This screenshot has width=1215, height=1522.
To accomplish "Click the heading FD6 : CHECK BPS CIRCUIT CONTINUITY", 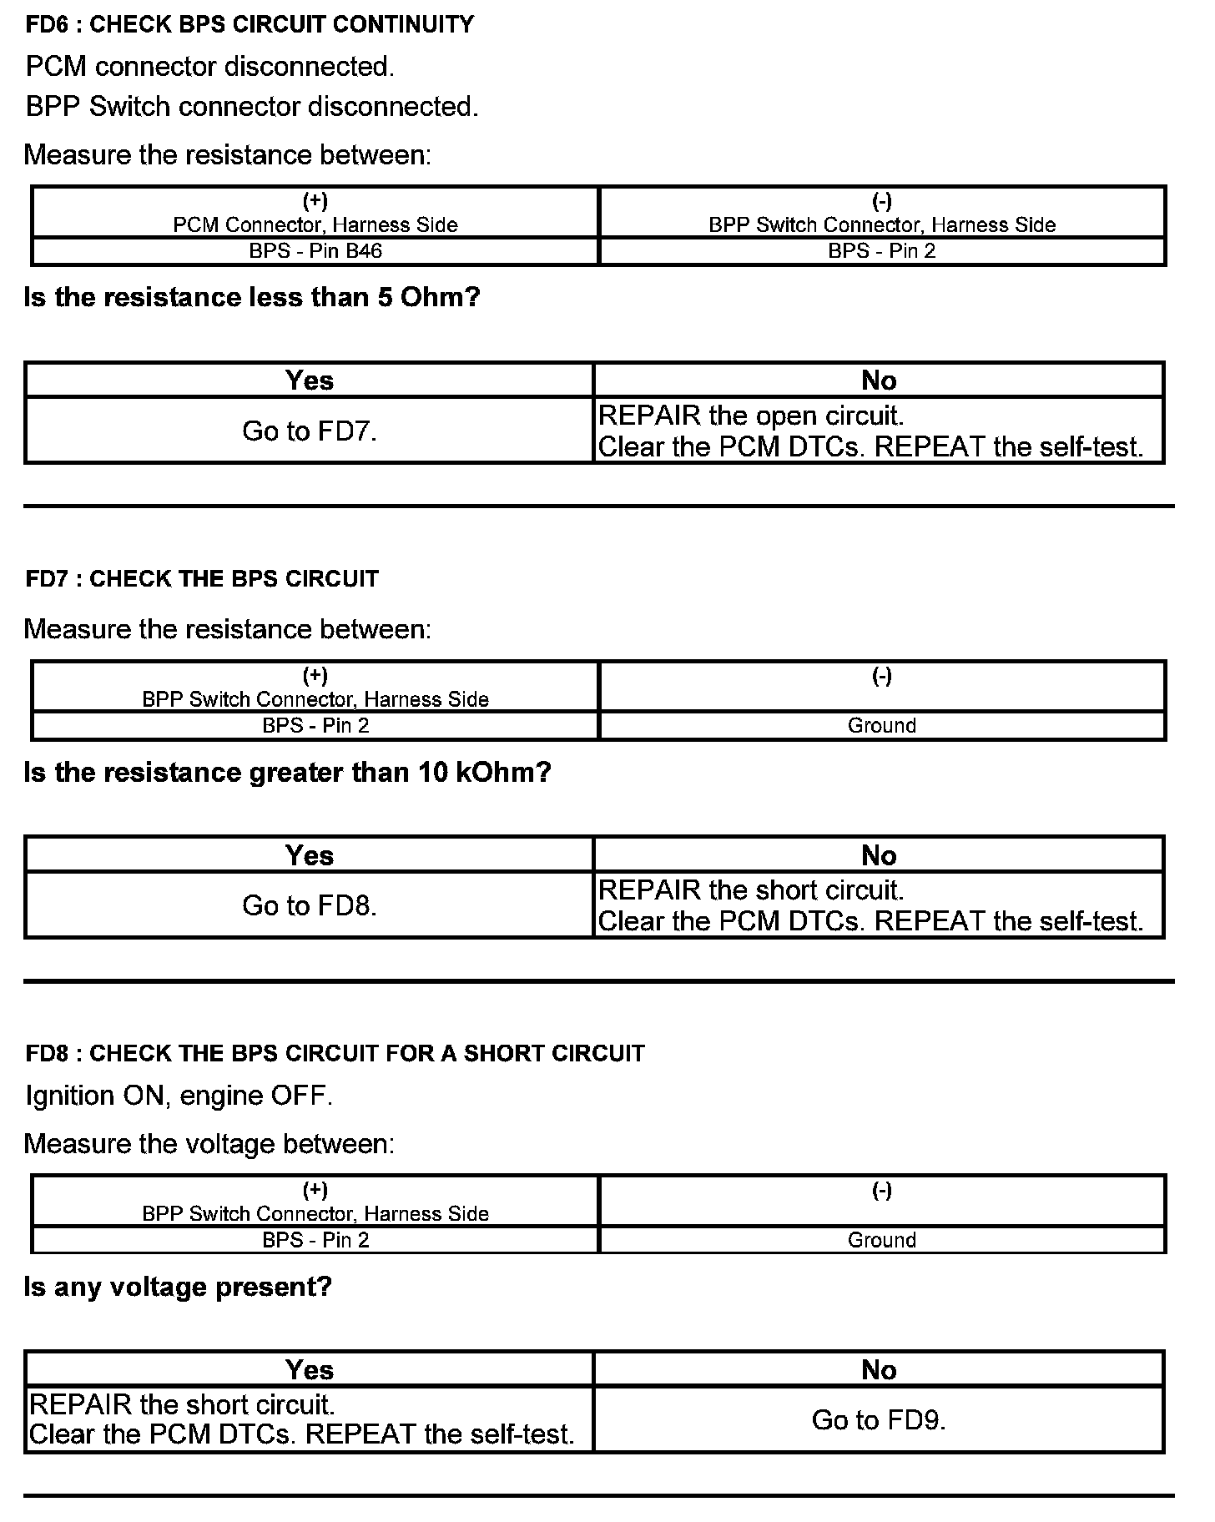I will [x=250, y=24].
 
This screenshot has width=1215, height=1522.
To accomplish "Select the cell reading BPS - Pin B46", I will [x=315, y=251].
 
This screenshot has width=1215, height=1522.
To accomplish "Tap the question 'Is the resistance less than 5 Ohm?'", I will [x=252, y=297].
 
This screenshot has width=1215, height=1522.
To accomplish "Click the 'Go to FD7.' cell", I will [x=310, y=431].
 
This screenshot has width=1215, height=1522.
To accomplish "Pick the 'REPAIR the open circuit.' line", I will [x=751, y=416].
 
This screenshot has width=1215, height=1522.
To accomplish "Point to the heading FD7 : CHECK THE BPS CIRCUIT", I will [x=202, y=578].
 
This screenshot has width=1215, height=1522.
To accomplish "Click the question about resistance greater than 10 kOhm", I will [x=288, y=773].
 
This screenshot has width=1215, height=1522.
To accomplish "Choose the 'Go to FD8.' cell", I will [x=310, y=905].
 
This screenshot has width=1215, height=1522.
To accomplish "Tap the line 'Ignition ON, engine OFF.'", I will [x=179, y=1096].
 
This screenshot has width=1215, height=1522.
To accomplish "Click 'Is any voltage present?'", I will [x=178, y=1287].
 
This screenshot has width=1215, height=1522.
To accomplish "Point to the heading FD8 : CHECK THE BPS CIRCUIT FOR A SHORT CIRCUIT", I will [x=335, y=1053].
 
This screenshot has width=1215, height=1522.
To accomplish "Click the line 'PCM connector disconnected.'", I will [x=210, y=67].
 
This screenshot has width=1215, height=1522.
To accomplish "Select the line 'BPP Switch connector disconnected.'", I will [x=252, y=107].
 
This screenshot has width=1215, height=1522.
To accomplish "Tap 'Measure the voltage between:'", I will [x=209, y=1143].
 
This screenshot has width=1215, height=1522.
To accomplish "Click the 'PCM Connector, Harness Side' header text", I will [x=315, y=224].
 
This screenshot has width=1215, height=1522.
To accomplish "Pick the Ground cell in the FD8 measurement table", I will [x=882, y=1240].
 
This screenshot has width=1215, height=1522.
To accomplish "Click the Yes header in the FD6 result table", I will [x=310, y=380].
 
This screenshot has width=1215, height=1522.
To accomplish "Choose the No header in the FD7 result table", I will [x=879, y=855].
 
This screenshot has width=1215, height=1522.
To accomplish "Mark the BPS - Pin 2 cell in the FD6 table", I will [x=882, y=251].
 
